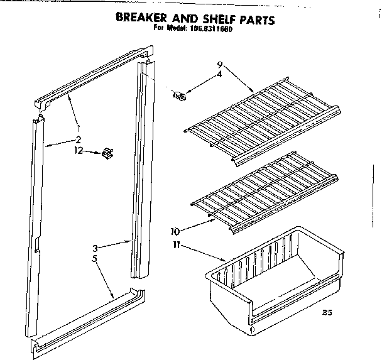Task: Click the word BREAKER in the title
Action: coord(145,19)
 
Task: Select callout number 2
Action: coord(79,139)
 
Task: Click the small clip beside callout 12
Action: coord(106,153)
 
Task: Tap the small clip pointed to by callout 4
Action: coord(180,95)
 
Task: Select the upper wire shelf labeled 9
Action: coord(264,119)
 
